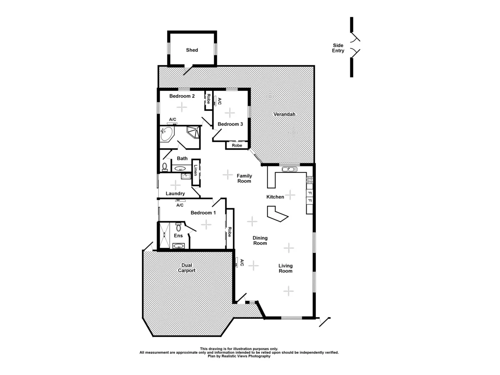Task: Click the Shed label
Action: [x=192, y=50]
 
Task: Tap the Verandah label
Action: [x=284, y=114]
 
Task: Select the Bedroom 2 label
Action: [x=182, y=96]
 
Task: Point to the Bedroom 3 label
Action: [x=230, y=124]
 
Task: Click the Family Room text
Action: [x=244, y=178]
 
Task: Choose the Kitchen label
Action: [x=275, y=197]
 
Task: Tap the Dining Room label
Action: [x=260, y=240]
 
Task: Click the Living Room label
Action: [x=285, y=268]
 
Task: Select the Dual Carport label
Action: [x=187, y=267]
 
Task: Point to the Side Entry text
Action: [x=338, y=48]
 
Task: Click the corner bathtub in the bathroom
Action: [x=166, y=135]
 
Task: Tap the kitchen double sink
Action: [x=289, y=169]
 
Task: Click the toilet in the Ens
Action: [x=178, y=227]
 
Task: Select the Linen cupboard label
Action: [x=195, y=170]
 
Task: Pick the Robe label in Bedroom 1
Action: [x=230, y=232]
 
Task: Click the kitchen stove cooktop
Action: [x=310, y=180]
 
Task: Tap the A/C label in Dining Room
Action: [x=242, y=263]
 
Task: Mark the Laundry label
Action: [x=175, y=193]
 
